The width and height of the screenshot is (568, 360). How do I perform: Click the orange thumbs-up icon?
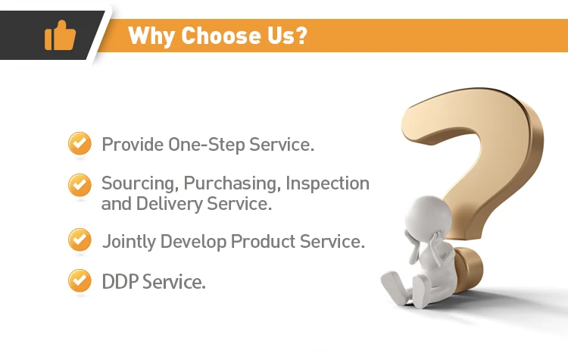[60, 35]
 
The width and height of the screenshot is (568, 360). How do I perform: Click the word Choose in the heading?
[220, 36]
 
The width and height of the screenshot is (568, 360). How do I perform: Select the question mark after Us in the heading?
[301, 35]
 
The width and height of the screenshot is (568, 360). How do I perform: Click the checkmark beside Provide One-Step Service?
[80, 143]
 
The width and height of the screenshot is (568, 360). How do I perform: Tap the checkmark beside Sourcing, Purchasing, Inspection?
[80, 185]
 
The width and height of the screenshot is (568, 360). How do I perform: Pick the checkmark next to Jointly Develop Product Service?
[80, 239]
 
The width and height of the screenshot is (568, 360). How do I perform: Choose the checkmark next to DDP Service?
[80, 280]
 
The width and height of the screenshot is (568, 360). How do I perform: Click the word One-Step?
[207, 145]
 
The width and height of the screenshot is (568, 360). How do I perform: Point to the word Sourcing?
[140, 184]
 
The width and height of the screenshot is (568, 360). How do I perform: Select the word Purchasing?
[233, 184]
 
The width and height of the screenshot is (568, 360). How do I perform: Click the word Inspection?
[327, 183]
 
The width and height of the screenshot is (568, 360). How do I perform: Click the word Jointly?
[129, 242]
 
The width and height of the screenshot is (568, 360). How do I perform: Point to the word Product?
[263, 242]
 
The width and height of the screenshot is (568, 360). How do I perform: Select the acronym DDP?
[120, 282]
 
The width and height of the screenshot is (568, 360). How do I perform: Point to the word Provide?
[133, 145]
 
